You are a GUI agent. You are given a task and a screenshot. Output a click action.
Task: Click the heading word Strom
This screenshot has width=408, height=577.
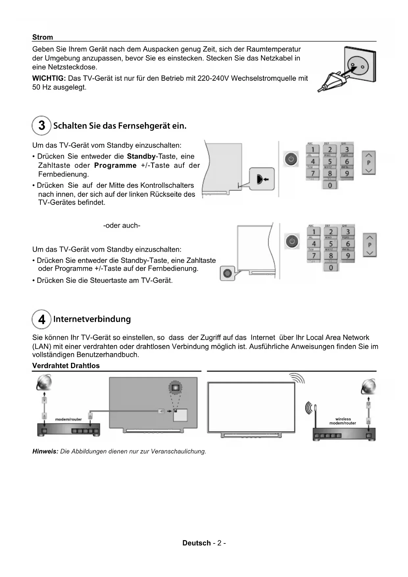(x=42, y=37)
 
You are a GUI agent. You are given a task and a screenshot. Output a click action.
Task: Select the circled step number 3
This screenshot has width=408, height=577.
(x=41, y=126)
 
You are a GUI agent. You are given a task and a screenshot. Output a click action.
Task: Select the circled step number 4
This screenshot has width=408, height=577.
(x=41, y=319)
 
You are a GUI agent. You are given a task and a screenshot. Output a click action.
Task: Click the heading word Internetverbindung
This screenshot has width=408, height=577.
(x=92, y=319)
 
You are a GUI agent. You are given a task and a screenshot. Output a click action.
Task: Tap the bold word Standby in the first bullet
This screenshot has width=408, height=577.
(x=141, y=156)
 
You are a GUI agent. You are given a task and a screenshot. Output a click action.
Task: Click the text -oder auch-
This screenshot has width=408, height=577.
(x=122, y=226)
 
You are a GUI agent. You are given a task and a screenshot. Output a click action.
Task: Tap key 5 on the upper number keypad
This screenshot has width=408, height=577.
(x=330, y=162)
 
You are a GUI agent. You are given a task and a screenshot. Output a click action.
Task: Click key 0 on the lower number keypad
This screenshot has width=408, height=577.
(x=331, y=267)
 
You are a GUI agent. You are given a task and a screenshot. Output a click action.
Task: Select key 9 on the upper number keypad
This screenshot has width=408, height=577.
(x=347, y=173)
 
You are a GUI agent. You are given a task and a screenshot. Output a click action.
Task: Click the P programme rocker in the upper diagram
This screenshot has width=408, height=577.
(x=369, y=163)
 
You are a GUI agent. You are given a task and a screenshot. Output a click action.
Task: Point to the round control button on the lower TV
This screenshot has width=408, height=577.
(x=227, y=273)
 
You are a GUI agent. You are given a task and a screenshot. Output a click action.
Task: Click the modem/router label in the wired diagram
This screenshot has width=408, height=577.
(x=68, y=419)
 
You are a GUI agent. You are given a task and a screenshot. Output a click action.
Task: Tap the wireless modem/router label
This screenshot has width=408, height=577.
(x=343, y=421)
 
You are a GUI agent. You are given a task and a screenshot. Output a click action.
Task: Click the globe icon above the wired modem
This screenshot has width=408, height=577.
(x=44, y=383)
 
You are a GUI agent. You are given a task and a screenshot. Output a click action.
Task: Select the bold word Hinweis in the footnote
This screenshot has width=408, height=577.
(x=45, y=451)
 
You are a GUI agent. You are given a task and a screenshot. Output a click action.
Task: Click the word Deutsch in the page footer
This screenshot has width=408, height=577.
(x=197, y=543)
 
